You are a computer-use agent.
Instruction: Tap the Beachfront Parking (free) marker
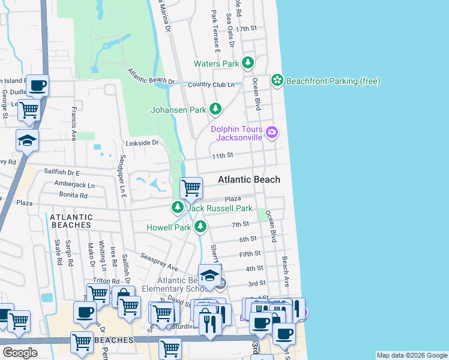click(x=277, y=80)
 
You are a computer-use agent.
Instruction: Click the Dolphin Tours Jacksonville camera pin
click(x=272, y=132)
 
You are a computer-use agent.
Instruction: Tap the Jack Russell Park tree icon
click(x=177, y=208)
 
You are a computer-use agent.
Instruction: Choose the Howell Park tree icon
click(x=200, y=227)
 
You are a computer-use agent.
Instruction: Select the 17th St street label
click(x=246, y=29)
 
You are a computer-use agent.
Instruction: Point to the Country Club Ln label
click(x=211, y=85)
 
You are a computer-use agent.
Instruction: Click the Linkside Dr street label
click(x=142, y=143)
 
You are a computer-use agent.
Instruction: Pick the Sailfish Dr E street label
click(x=62, y=172)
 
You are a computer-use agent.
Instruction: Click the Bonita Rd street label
click(x=74, y=194)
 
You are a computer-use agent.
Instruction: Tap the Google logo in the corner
click(x=20, y=352)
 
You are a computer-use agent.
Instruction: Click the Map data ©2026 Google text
click(x=411, y=355)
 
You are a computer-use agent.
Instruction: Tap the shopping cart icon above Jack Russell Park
click(x=191, y=188)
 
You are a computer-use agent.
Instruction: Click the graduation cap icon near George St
click(x=27, y=140)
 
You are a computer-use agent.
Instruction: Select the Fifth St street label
click(x=250, y=254)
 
